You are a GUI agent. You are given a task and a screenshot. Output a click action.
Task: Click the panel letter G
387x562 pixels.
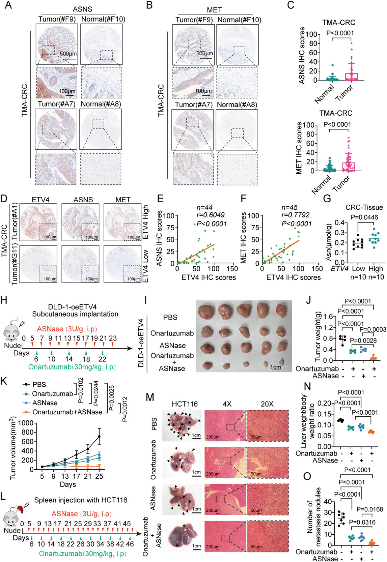pos(327,198)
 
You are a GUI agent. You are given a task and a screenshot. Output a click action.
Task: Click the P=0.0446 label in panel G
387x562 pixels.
pos(364,217)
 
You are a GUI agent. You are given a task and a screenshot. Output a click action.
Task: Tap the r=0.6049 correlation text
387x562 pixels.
pos(211,215)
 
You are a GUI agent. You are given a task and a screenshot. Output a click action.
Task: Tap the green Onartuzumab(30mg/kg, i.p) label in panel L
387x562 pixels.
pos(83,553)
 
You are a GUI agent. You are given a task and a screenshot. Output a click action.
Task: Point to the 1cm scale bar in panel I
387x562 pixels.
pos(275,367)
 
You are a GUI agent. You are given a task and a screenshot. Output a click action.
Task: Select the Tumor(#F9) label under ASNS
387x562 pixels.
pos(57,19)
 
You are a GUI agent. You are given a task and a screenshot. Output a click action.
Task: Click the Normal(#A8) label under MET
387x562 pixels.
pos(237,105)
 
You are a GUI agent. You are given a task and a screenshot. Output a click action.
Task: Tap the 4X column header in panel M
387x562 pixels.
pos(227,404)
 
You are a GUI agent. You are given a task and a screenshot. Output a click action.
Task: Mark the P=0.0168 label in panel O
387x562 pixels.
pos(370,509)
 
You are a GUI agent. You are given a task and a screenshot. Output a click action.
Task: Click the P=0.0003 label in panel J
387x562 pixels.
pos(373,329)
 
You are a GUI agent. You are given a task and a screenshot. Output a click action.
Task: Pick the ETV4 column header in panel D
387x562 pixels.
pos(40,200)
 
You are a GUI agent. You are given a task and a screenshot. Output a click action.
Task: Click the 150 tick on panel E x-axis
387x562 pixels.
pos(232,268)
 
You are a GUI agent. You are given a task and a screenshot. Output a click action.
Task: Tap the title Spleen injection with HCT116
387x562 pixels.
pos(81,500)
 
